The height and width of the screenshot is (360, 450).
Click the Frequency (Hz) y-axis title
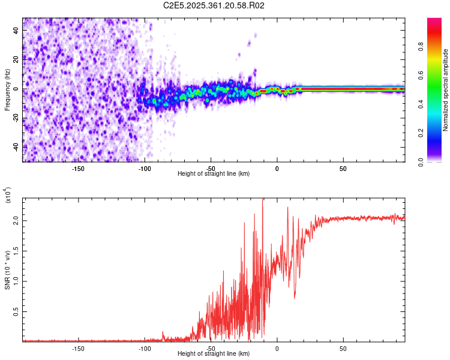click(x=7, y=89)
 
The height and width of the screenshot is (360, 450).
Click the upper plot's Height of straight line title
click(x=214, y=173)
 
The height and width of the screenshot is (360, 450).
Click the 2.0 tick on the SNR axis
click(x=16, y=221)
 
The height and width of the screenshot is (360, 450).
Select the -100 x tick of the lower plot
click(x=145, y=348)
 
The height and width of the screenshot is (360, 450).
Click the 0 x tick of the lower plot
click(x=277, y=348)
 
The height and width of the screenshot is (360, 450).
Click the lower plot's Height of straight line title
click(x=214, y=354)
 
